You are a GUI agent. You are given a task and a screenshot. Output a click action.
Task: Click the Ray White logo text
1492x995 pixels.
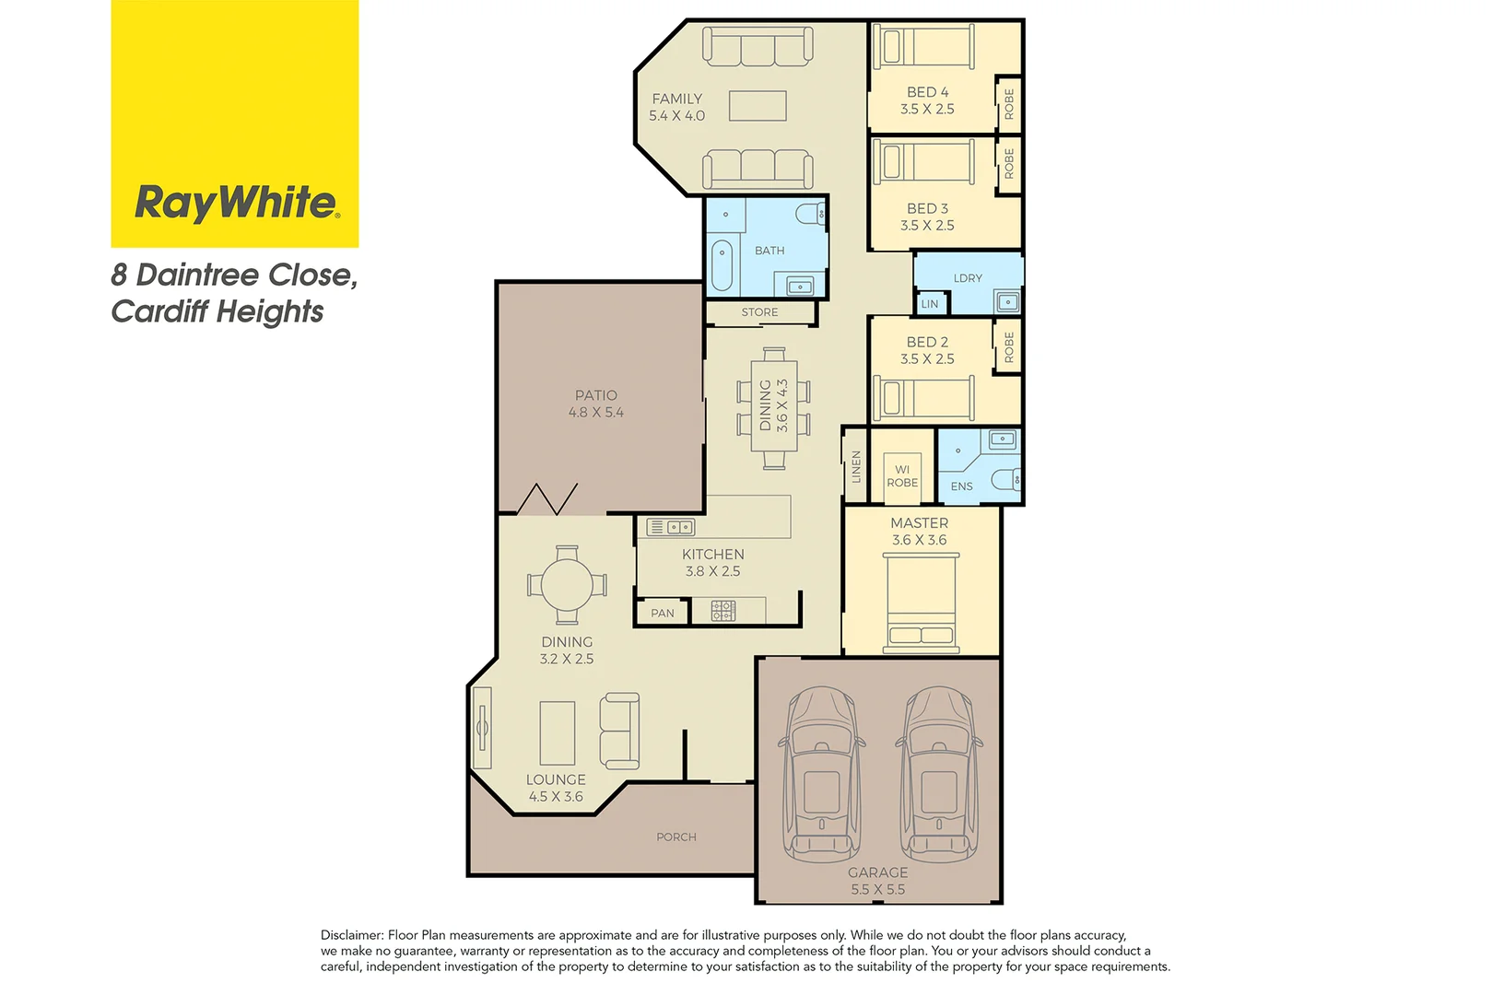[x=236, y=202]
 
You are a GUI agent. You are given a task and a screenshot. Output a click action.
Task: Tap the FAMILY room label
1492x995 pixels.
[x=676, y=99]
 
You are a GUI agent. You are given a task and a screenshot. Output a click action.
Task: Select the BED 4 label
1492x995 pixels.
[x=927, y=92]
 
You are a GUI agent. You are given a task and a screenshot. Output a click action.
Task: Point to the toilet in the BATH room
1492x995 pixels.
[x=810, y=214]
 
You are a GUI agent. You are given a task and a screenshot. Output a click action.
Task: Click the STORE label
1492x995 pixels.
[x=759, y=312]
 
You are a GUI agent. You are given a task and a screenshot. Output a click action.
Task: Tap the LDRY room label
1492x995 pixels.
[x=968, y=278]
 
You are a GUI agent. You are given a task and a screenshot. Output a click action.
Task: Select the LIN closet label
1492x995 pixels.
[x=930, y=304]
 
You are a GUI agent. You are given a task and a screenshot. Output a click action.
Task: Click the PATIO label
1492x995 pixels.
[x=596, y=395]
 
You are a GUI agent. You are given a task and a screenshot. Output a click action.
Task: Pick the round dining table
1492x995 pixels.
[x=567, y=584]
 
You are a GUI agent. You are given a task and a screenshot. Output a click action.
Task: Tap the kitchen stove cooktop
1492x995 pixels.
[x=723, y=610]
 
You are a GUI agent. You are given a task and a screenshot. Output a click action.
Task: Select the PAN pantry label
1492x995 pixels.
[x=663, y=614]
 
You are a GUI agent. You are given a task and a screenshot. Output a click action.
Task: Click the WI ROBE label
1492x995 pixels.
[x=902, y=476]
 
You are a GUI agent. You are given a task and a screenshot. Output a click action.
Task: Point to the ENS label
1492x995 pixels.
[x=961, y=486]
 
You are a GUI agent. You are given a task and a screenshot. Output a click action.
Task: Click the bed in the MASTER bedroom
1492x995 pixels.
[x=922, y=603]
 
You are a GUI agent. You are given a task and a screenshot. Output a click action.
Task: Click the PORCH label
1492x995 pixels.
[x=676, y=837]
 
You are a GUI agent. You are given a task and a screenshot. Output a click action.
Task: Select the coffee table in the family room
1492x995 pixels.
[x=758, y=106]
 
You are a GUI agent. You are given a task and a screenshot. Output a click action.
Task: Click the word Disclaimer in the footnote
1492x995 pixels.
[x=352, y=935]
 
